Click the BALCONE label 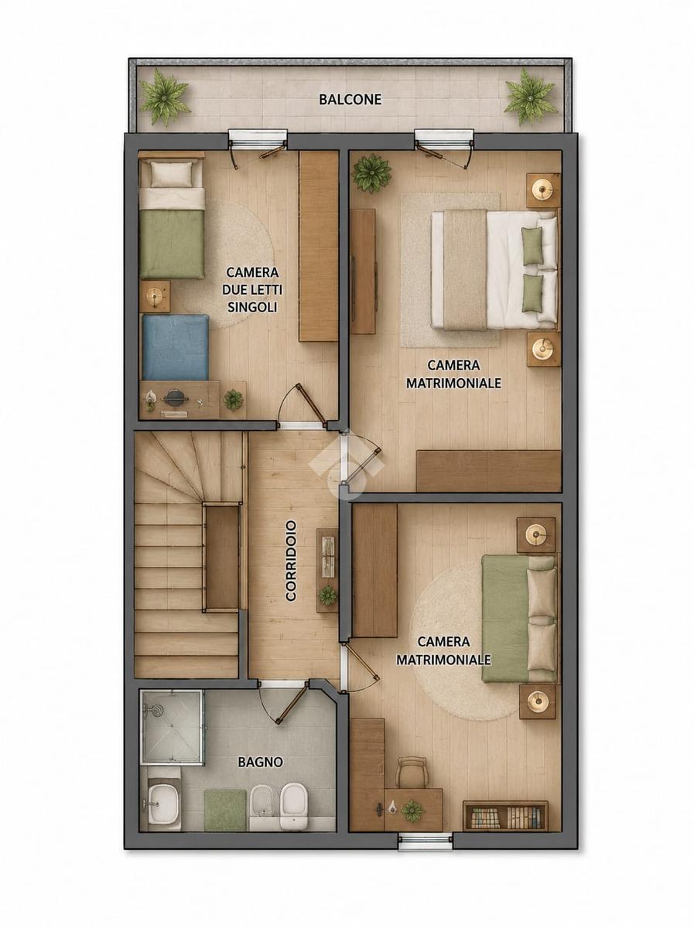coord(350,99)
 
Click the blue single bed coord(175,348)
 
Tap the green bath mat coord(225,804)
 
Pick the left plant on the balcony coord(164,97)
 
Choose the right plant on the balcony coord(530,97)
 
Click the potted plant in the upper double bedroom coord(371,173)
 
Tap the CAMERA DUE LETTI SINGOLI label coord(252,289)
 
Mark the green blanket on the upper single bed coord(172,244)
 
